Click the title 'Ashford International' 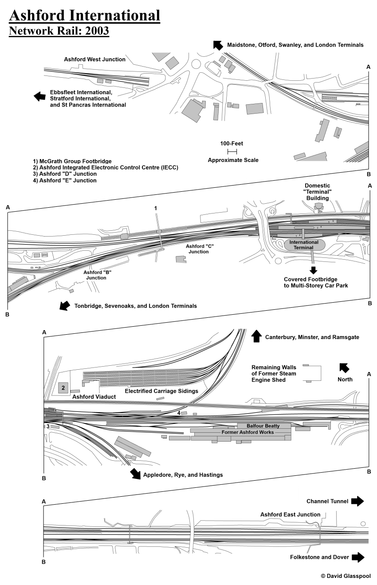tap(84, 16)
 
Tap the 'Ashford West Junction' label tap(94, 59)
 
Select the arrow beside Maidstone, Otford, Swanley tap(217, 44)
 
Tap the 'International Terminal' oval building tap(304, 245)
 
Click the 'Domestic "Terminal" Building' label tap(317, 192)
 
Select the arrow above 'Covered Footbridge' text tap(314, 270)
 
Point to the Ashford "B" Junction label tap(96, 275)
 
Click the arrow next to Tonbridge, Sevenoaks tap(65, 305)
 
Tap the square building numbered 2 tap(63, 388)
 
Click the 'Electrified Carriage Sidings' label tap(161, 391)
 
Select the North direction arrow tap(344, 368)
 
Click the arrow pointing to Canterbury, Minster tap(256, 336)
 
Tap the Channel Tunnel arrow tap(357, 501)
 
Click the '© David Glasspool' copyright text tap(345, 576)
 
